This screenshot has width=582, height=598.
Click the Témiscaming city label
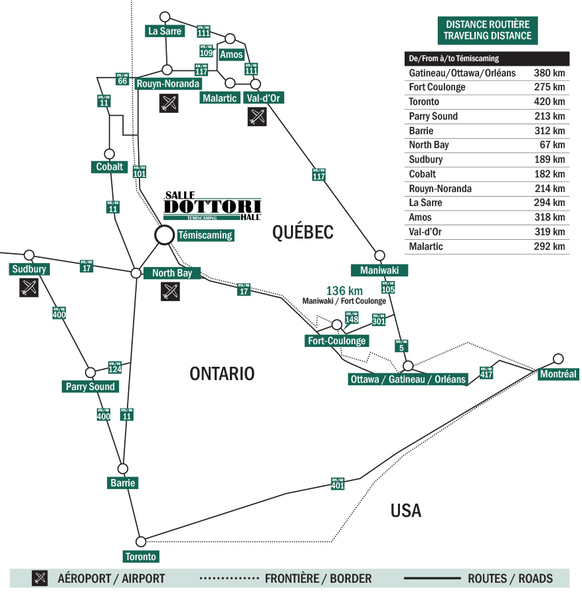pos(205,235)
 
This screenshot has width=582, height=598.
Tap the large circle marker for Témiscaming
pos(163,235)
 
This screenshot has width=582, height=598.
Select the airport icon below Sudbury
pos(28,288)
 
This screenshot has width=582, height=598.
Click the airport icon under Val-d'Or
pos(256,117)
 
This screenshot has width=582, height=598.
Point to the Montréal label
pos(557,375)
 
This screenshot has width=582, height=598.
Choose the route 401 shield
pos(338,484)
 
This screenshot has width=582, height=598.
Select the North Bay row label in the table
pos(429,145)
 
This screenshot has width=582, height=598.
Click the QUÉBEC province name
pos(302,232)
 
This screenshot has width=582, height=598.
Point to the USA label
pos(406,510)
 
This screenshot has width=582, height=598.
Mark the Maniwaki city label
pos(379,270)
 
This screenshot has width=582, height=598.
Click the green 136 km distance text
pos(343,290)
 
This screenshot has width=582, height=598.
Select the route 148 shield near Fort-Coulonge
pos(351,318)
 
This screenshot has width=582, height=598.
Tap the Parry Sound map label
pos(90,387)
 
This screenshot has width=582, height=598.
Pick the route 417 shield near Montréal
pos(486,373)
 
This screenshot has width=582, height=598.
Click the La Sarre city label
pos(165,31)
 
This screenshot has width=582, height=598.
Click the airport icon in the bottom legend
pos(40,578)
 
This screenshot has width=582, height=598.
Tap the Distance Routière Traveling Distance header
pos(488,30)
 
